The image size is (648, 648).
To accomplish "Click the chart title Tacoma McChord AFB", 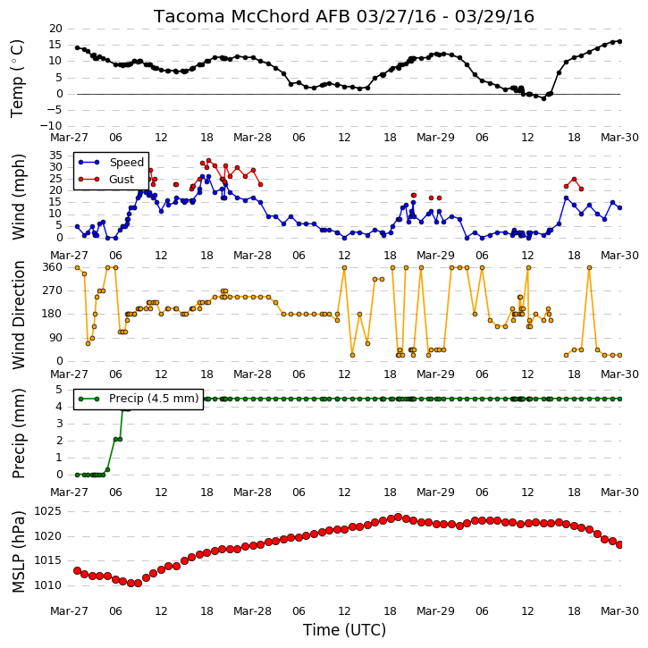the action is click(x=252, y=16).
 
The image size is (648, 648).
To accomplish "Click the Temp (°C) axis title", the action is click(x=17, y=79).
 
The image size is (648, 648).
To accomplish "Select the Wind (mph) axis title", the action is click(x=18, y=197).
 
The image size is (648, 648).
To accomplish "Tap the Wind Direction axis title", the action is click(x=18, y=315).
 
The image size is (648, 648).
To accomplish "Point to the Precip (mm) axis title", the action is click(x=18, y=433).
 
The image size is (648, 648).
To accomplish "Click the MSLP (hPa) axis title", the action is click(x=18, y=551).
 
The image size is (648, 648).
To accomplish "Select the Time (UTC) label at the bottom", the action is click(x=344, y=630).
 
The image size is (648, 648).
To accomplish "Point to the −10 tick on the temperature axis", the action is click(x=50, y=126).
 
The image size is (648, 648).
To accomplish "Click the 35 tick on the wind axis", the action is click(x=55, y=156).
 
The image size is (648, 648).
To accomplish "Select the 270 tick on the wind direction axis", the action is click(x=53, y=290).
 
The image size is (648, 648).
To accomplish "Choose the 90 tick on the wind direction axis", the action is click(x=55, y=338).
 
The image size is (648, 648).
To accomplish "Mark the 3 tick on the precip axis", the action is click(x=59, y=424).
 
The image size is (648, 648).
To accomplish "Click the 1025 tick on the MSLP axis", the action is click(x=47, y=511).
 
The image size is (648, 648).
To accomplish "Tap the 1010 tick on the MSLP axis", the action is click(x=47, y=585).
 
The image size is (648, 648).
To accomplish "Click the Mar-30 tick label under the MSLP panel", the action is click(x=619, y=611).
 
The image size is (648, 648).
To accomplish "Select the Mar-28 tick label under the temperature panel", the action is click(x=253, y=138).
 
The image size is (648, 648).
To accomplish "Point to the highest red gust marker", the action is click(x=208, y=161).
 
